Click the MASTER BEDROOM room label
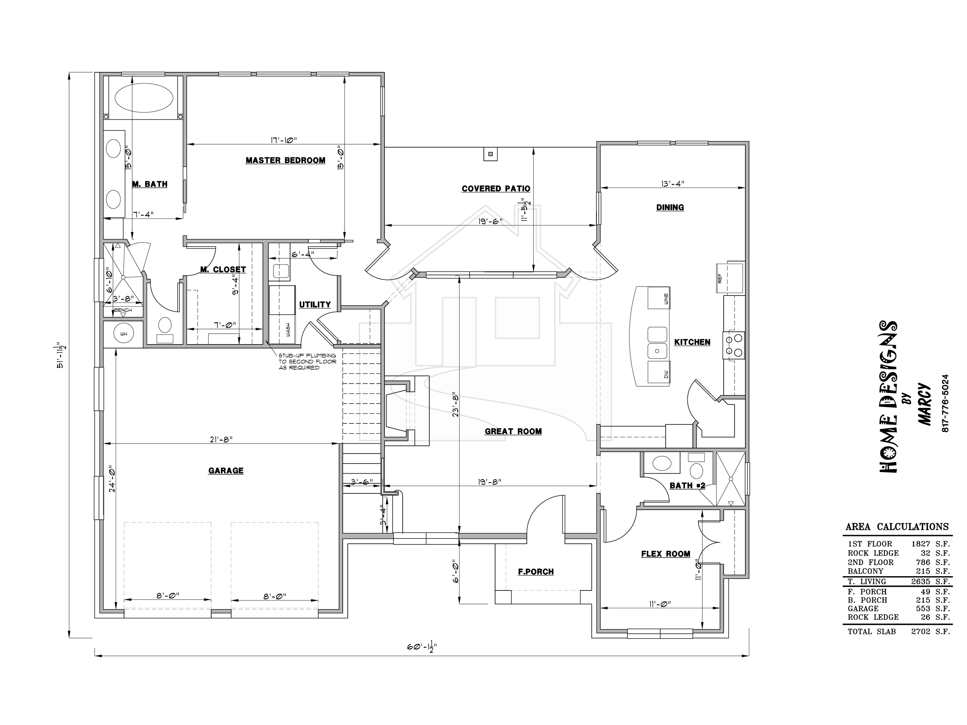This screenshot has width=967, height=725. [x=285, y=160]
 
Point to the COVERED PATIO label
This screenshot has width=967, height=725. [x=496, y=189]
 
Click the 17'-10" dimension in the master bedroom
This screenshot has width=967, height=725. [x=283, y=140]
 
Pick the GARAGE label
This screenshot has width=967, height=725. [x=226, y=471]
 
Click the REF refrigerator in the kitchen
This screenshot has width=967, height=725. [x=730, y=278]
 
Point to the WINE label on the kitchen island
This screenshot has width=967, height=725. [x=666, y=299]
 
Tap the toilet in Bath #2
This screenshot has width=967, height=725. [x=696, y=467]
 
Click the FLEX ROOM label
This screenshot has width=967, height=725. [x=665, y=554]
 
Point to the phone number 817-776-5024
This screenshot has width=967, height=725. [x=945, y=403]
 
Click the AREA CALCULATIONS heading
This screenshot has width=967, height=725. [x=897, y=527]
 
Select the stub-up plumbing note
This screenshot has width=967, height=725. [x=308, y=362]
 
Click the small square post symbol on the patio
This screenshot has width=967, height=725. [x=490, y=154]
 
